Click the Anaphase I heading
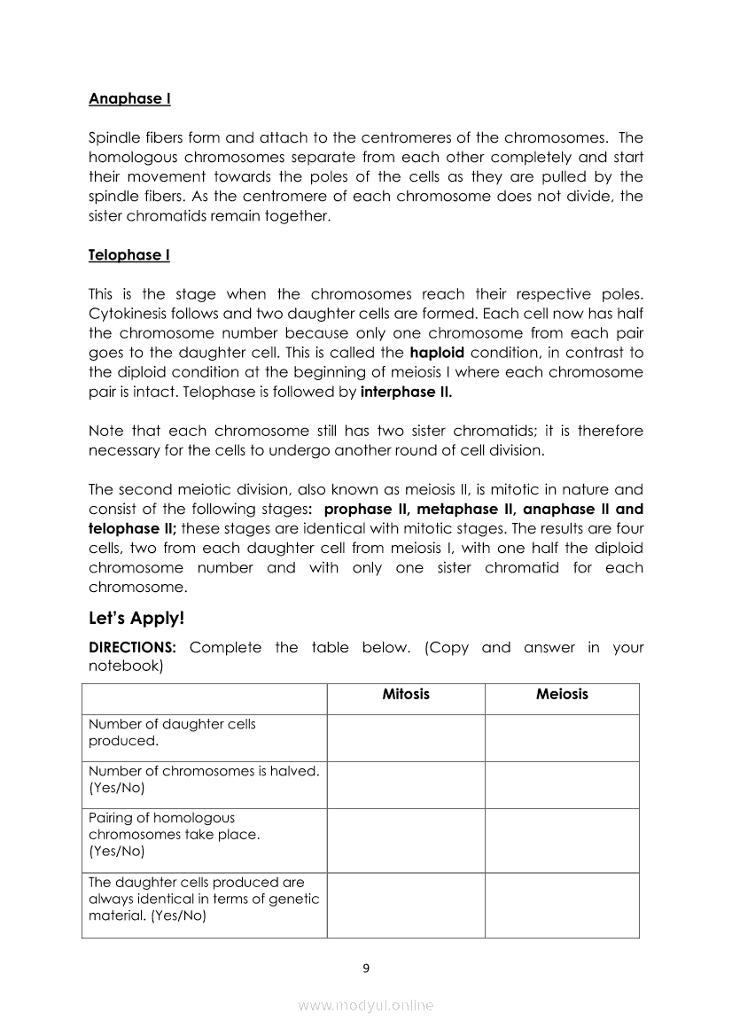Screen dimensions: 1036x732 (x=129, y=99)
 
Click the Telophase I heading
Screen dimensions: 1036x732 (x=129, y=255)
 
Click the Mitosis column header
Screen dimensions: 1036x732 (x=406, y=695)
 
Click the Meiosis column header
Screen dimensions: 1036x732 (x=562, y=695)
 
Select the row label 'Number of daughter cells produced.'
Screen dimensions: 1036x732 (x=172, y=732)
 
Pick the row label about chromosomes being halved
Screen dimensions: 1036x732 (x=204, y=779)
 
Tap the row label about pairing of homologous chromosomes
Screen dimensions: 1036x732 (x=175, y=834)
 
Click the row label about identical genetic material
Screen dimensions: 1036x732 (x=203, y=900)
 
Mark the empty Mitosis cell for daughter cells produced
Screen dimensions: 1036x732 (x=406, y=738)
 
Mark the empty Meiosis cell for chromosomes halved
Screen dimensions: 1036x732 (x=562, y=785)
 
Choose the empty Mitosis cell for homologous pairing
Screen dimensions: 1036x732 (x=406, y=840)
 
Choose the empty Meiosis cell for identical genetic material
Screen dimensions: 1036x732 (x=562, y=905)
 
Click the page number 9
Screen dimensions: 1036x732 (x=366, y=968)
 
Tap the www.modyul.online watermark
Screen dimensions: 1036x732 (x=366, y=1006)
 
